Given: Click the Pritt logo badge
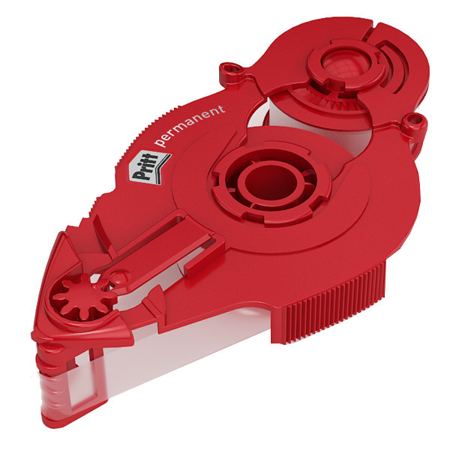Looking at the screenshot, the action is (149, 167).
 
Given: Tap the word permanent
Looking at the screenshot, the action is (189, 125).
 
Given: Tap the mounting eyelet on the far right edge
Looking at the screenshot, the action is (414, 122).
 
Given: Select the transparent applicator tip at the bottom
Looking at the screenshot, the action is (69, 396).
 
